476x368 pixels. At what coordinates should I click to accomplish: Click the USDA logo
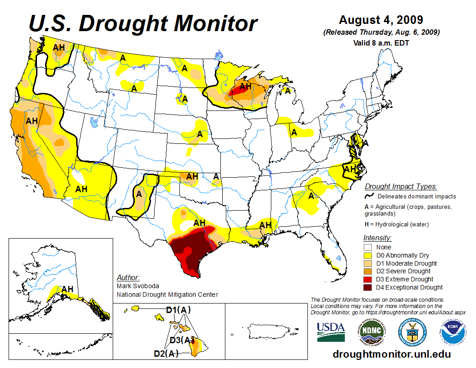coord(331,332)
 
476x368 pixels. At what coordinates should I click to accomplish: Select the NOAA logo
coord(453,332)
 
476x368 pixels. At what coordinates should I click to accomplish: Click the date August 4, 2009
coord(381,20)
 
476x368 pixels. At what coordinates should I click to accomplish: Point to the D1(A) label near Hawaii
coord(178,310)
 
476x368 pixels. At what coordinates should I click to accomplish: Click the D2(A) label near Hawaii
coord(166,354)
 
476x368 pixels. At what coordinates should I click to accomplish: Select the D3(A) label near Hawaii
coord(182,340)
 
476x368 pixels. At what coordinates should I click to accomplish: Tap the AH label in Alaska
coord(67,289)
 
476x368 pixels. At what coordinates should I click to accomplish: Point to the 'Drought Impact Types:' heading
coord(401,186)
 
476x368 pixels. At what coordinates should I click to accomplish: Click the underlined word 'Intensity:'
coord(377,238)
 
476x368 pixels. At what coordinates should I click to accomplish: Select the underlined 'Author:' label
coord(128,277)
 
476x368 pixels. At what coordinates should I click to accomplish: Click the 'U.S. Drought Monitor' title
coord(143,23)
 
